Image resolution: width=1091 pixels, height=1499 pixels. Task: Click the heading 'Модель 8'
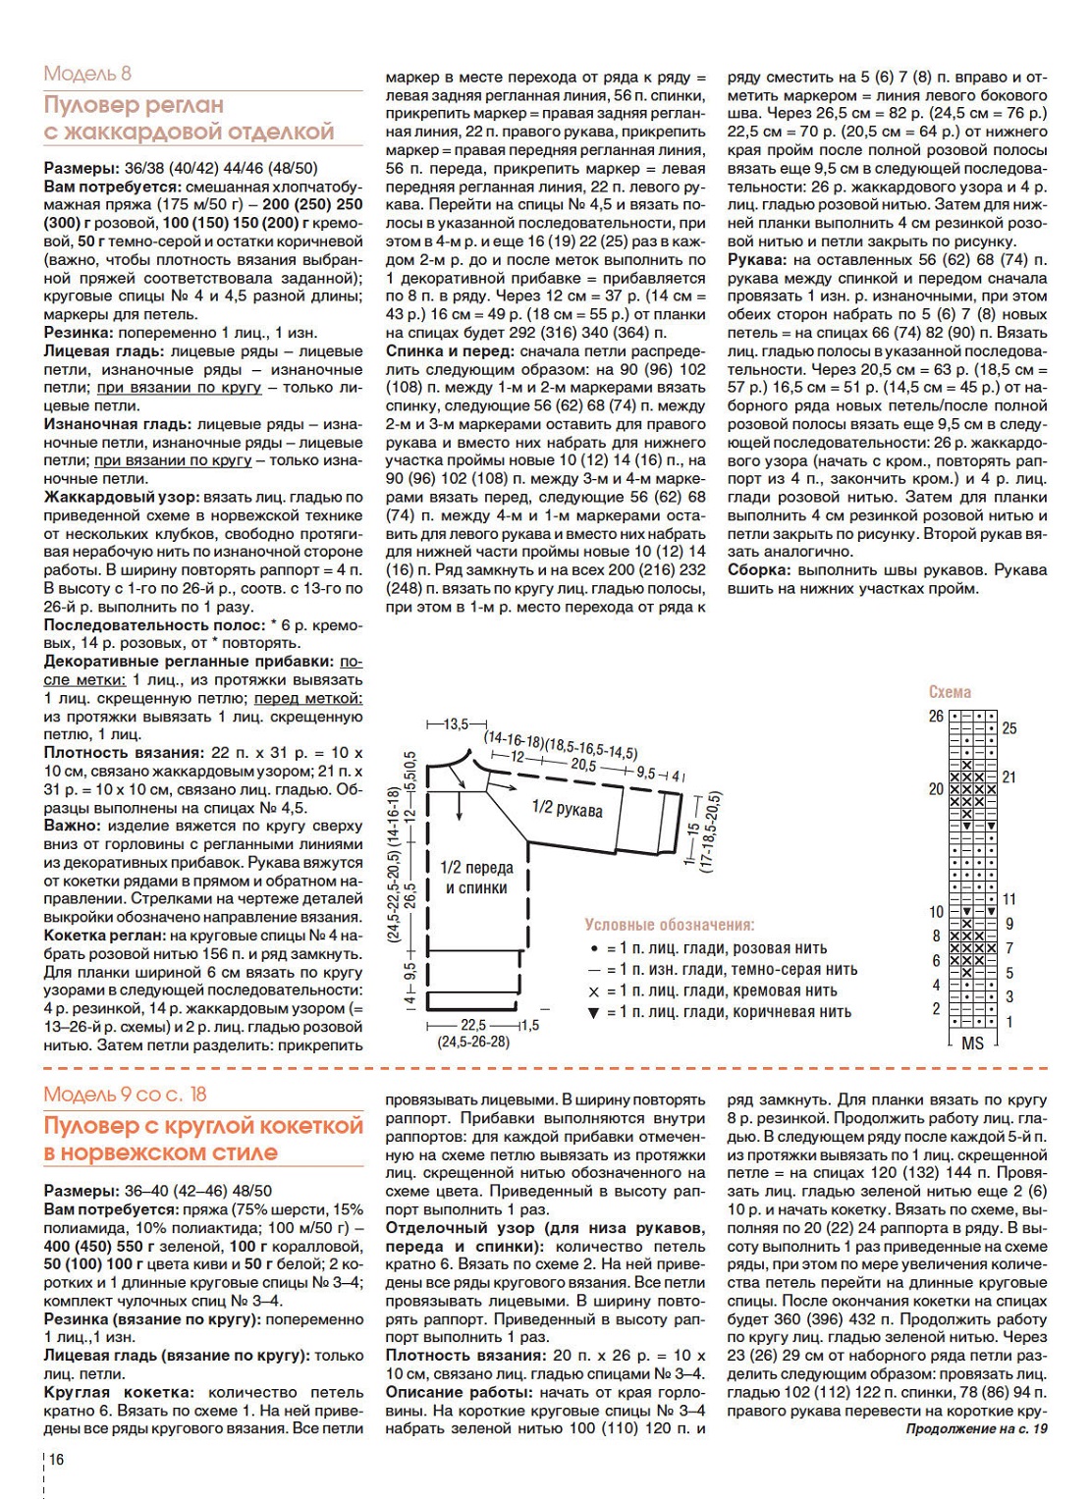87,74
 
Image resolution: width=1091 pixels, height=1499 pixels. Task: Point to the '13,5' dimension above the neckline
456,724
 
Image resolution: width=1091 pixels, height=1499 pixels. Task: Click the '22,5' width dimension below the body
473,1025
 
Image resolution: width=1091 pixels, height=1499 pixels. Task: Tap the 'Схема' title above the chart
950,692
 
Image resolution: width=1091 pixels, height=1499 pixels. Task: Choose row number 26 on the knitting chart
936,717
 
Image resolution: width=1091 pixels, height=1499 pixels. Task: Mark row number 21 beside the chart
1009,777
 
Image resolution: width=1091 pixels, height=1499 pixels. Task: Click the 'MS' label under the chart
972,1044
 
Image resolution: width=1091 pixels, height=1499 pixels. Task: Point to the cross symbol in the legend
593,991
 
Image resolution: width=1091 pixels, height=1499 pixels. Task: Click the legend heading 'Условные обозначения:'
669,925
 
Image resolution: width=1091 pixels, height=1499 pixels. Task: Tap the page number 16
57,1460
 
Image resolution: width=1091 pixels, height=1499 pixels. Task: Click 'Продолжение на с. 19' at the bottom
976,1428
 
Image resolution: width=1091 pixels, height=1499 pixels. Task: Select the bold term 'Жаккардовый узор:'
121,498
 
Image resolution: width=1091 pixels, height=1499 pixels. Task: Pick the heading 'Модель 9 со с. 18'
125,1095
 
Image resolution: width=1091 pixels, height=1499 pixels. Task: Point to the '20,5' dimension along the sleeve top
582,765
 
